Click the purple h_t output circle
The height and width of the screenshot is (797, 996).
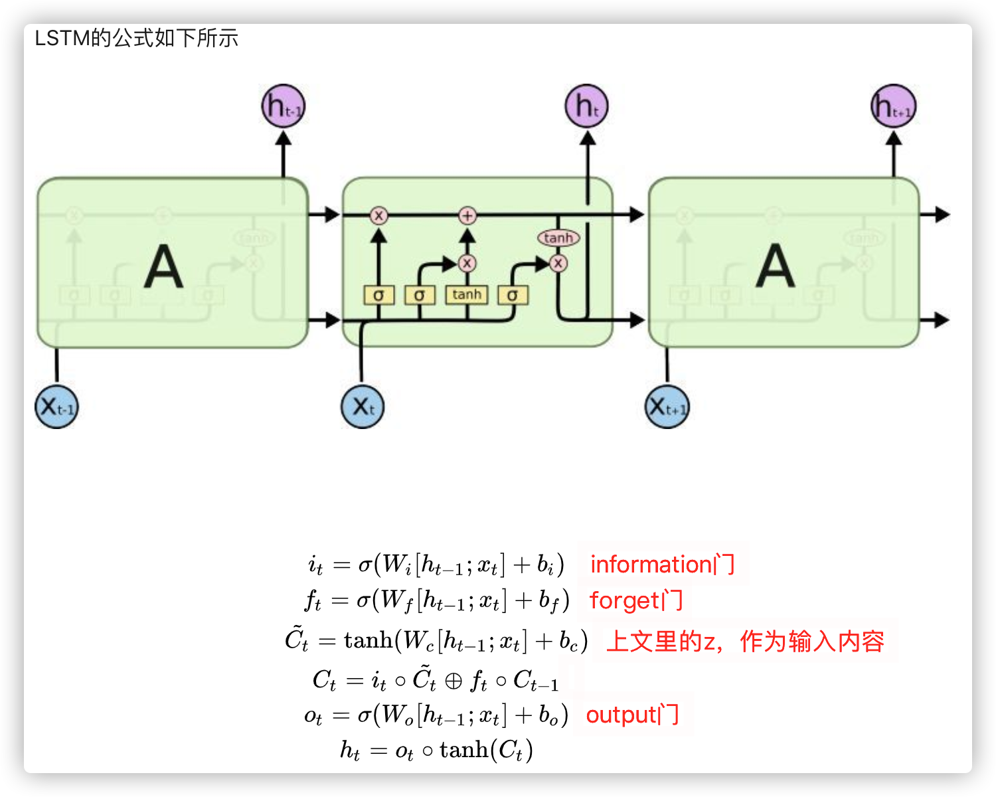586,106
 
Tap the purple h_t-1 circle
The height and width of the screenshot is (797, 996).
283,106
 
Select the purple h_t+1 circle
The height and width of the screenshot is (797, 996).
893,106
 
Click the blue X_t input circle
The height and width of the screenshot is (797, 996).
363,406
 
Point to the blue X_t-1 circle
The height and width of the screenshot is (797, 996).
56,406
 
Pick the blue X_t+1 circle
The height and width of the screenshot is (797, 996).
667,406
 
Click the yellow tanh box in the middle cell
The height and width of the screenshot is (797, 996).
467,294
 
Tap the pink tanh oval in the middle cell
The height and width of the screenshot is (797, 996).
558,238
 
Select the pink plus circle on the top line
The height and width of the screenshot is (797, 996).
467,215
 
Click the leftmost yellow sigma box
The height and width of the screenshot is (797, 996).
378,295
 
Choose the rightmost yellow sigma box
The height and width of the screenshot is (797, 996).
512,295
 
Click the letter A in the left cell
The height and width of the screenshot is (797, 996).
163,267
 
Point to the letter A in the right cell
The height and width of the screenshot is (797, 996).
775,267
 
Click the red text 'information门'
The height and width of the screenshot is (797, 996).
662,565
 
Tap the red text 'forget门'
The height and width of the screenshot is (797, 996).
635,600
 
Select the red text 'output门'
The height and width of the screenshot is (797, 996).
632,715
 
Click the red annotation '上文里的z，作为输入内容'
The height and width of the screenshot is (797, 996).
745,642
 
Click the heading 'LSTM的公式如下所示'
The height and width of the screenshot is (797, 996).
136,39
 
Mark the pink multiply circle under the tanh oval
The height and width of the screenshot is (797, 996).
558,263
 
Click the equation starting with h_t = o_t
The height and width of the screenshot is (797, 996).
436,751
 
